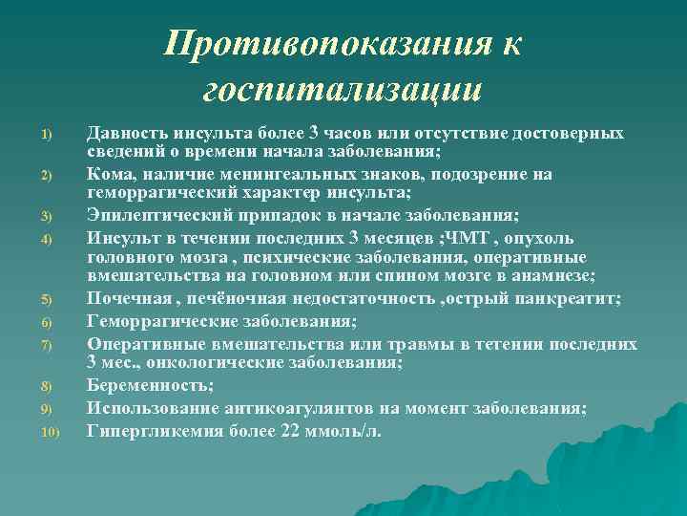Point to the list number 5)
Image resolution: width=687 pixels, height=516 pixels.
45,301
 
